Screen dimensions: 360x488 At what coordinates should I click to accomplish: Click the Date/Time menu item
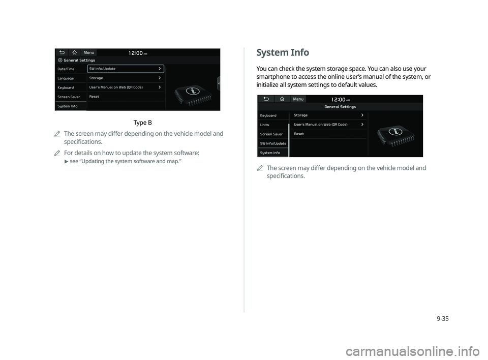pos(66,69)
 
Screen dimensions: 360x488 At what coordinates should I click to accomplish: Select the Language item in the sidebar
pos(66,78)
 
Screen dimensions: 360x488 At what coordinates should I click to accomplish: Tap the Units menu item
pos(265,125)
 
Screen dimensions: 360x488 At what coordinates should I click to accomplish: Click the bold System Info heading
pos(283,52)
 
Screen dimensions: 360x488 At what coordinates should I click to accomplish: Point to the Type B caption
pos(142,123)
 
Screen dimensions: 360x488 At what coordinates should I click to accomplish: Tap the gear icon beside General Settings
pos(60,60)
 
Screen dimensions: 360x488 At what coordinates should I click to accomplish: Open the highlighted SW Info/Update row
pos(125,69)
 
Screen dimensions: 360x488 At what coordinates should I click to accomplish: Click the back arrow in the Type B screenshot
pos(62,52)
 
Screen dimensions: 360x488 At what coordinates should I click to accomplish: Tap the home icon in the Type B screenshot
pos(74,52)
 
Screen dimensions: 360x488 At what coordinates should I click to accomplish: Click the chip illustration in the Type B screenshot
pos(193,92)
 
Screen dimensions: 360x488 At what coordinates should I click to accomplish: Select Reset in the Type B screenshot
pos(95,97)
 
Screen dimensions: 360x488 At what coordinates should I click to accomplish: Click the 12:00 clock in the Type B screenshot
pos(135,53)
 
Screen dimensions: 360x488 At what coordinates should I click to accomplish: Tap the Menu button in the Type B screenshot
pos(89,52)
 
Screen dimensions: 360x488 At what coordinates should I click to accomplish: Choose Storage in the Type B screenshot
pos(96,78)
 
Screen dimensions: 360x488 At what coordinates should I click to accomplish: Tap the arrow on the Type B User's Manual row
pos(160,87)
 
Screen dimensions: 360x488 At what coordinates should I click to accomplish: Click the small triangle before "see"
pos(66,162)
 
